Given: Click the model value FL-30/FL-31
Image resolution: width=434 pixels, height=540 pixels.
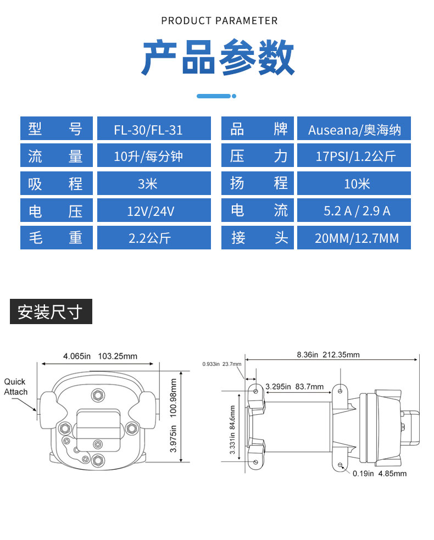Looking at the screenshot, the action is point(148,130).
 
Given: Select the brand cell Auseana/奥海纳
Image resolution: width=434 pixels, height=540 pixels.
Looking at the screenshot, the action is point(354,130).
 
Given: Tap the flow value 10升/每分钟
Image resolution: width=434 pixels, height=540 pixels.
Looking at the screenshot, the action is point(148,157).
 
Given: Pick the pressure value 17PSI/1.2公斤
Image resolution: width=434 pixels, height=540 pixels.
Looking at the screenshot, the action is point(356,157).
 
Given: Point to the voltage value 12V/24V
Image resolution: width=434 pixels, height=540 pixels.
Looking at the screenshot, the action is point(151,211).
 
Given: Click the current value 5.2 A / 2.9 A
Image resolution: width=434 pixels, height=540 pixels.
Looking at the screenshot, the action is point(357,211).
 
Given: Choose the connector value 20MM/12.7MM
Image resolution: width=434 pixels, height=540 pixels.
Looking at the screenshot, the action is point(357,238).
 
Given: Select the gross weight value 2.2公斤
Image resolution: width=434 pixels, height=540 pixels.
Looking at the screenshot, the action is point(150,238).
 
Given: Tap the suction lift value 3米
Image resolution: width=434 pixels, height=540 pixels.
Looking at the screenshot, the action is point(147,184).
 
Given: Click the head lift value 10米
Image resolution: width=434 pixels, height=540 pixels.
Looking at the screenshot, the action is point(357,184).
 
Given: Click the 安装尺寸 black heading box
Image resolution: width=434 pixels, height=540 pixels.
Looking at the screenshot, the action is point(51,311).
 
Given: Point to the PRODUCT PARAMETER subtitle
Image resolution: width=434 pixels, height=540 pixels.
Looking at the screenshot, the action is point(219,21).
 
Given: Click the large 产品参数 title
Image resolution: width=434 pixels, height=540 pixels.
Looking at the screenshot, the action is point(218,57).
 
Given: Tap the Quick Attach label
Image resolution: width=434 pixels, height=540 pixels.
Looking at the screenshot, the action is point(16,387).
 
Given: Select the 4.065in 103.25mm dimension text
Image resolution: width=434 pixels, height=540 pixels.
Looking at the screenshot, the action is point(100,356).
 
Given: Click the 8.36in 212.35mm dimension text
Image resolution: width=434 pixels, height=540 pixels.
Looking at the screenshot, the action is point(329,355).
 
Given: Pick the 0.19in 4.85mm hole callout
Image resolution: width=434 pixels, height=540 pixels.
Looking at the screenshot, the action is point(380,474).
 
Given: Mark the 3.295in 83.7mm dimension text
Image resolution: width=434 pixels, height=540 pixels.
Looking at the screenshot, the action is point(294,387).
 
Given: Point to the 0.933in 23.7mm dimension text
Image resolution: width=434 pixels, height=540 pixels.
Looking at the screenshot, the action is point(222,364).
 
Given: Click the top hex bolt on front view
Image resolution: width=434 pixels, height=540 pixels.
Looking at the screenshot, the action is point(98,396).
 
